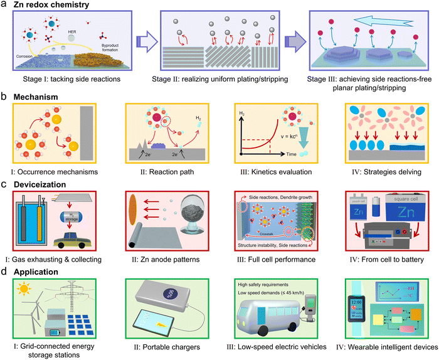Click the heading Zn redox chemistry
(47, 5)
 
